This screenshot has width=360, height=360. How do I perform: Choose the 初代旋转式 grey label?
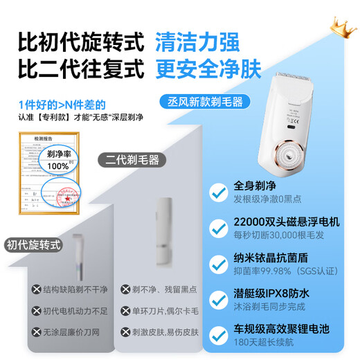[35, 245]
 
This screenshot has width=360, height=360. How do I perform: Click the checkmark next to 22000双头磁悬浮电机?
[221, 230]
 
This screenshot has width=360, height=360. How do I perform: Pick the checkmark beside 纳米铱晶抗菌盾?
[221, 267]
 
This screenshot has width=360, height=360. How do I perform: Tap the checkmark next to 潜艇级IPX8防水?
[221, 303]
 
